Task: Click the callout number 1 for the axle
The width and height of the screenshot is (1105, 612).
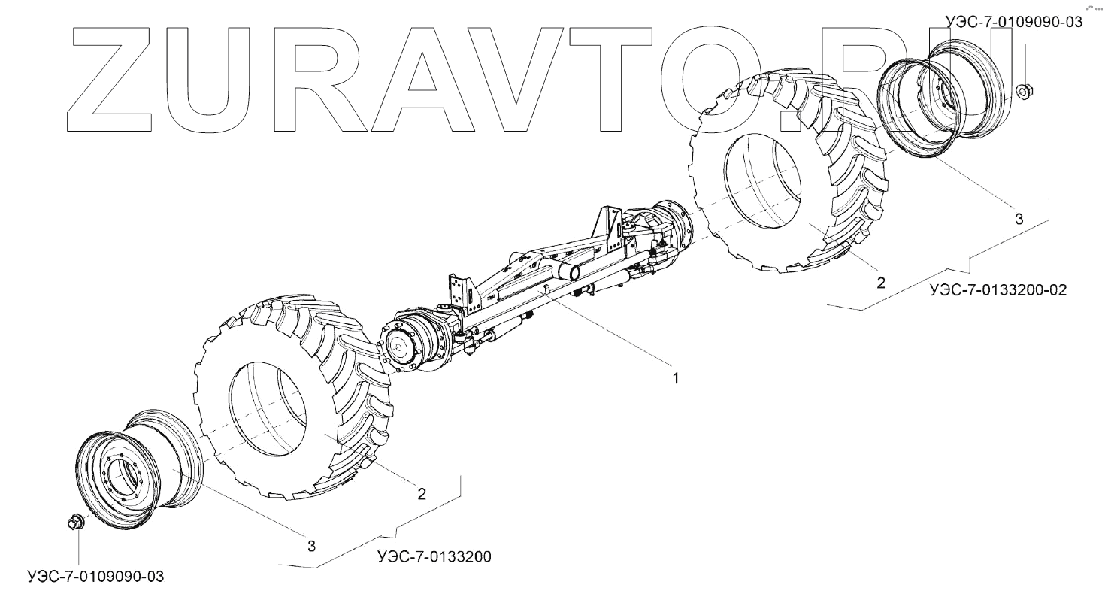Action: tap(675, 378)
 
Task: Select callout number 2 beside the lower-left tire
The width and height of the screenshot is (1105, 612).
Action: tap(421, 493)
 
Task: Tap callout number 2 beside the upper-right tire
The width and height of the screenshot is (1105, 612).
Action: tap(880, 283)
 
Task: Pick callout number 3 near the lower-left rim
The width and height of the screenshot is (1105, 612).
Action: tap(311, 546)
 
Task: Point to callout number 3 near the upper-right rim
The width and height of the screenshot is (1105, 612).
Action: tap(1019, 219)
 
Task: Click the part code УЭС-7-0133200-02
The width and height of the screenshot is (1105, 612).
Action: tap(997, 290)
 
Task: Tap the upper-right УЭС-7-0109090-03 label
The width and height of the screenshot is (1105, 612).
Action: tap(1014, 23)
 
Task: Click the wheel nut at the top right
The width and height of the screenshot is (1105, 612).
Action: tap(1024, 92)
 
